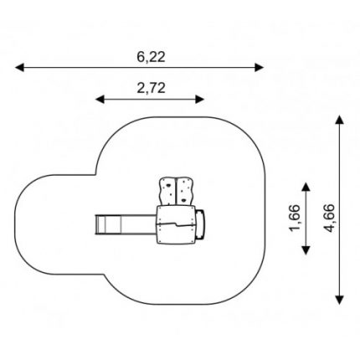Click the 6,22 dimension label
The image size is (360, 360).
click(151, 57)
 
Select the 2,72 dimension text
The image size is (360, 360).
click(151, 89)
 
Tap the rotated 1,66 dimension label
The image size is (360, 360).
click(295, 219)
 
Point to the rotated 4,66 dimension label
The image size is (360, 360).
click(329, 219)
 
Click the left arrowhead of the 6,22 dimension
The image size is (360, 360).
click(19, 67)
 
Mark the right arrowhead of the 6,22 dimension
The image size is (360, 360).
click(259, 67)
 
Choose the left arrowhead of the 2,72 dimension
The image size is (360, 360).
click(100, 99)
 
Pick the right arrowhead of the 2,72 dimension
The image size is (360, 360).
click(200, 99)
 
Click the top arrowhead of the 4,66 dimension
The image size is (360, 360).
click(339, 120)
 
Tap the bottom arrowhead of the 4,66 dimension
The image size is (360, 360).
click(339, 300)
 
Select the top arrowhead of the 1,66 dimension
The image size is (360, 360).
click(306, 187)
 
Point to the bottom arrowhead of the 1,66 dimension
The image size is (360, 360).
click(306, 250)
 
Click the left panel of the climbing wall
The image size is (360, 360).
click(167, 192)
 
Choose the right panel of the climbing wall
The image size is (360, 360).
click(185, 192)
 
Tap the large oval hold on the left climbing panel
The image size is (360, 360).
click(168, 185)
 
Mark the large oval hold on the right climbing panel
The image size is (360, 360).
click(183, 200)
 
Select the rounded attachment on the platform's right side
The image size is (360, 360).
click(200, 224)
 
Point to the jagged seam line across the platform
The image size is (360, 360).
click(176, 224)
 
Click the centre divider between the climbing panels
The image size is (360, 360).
click(177, 193)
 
